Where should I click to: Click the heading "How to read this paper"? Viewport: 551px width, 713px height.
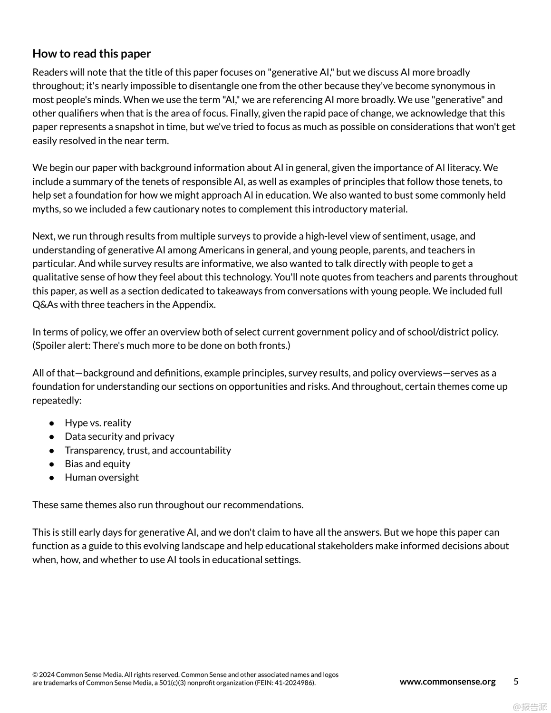[x=91, y=54]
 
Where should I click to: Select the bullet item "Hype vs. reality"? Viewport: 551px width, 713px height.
[x=98, y=423]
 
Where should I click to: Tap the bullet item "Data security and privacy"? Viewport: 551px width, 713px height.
[x=119, y=436]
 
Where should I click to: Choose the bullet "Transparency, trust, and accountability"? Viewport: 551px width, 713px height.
[x=148, y=450]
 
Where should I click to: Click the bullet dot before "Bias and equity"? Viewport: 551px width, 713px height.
[x=52, y=464]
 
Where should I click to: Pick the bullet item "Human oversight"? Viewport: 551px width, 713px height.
[x=102, y=477]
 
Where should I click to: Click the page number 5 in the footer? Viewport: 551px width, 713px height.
[x=516, y=682]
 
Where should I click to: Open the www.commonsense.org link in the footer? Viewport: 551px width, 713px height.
[x=447, y=682]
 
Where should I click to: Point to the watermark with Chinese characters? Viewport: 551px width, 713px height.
[x=530, y=707]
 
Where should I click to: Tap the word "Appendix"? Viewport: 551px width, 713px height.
[x=194, y=305]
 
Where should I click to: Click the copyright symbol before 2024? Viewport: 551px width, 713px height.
[x=35, y=675]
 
